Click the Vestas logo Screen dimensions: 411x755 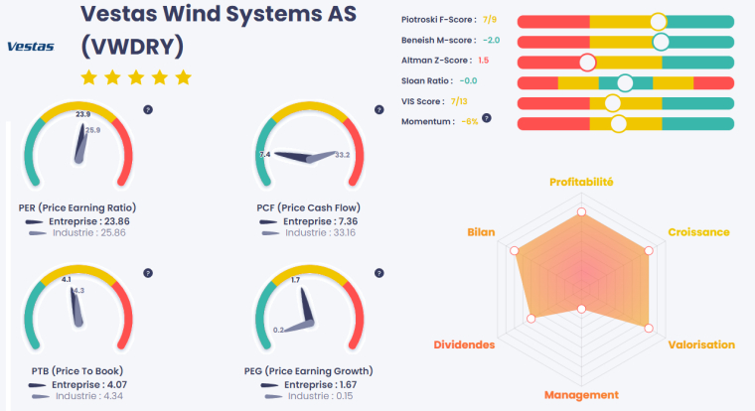[30, 46]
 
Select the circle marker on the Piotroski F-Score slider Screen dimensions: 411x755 [658, 21]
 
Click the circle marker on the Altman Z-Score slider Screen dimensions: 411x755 [587, 62]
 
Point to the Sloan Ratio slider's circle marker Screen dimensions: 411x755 [624, 82]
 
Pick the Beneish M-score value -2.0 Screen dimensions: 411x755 [491, 41]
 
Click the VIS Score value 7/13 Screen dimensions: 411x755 [459, 101]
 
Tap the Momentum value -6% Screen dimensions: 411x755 [470, 121]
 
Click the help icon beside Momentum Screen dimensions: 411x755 [488, 120]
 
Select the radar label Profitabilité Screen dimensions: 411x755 [581, 183]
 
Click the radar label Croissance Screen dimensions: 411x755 [698, 232]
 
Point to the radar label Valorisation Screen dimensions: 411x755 [702, 345]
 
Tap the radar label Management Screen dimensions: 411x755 [581, 395]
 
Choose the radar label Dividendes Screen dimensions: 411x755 [464, 345]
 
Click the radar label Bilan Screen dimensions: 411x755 [481, 232]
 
